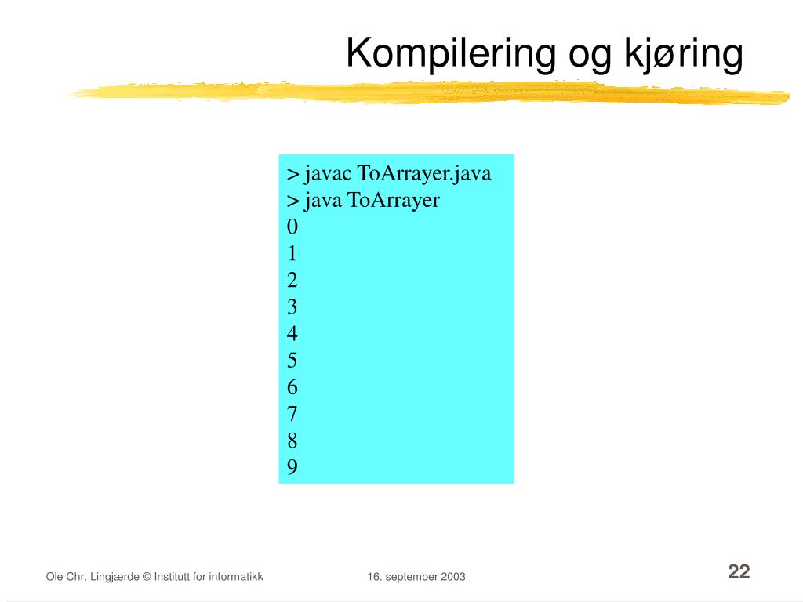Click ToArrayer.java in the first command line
coord(424,174)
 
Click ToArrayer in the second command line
coord(394,201)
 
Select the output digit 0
coord(292,227)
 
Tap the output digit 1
coord(292,253)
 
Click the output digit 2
coord(292,280)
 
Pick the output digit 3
coord(292,306)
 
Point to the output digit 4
coord(292,333)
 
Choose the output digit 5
coord(292,361)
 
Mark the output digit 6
coord(292,387)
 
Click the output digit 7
coord(292,414)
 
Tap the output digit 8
coord(292,441)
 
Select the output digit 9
coord(292,467)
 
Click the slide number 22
coord(739,571)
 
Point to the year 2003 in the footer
coord(453,577)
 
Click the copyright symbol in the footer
coord(147,577)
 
